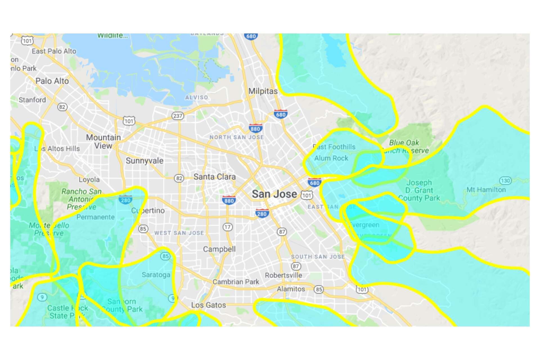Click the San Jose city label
coord(274,194)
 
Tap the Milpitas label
coord(263,91)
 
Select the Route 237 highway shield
coord(177,116)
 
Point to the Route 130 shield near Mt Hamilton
coord(505,180)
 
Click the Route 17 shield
coord(228,227)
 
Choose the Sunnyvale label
coord(144,161)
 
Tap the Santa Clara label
coord(214,177)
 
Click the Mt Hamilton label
coord(486,190)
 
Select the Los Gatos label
coord(208,305)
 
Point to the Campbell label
coord(219,249)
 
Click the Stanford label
coord(32,100)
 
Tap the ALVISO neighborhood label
coord(197,97)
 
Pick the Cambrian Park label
coord(236,282)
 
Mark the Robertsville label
coord(283,275)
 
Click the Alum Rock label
coord(331,158)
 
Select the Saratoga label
coord(156,275)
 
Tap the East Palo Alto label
coord(54,51)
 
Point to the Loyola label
coord(89,179)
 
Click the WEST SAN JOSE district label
coord(179,233)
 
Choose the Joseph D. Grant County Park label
coord(419,190)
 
